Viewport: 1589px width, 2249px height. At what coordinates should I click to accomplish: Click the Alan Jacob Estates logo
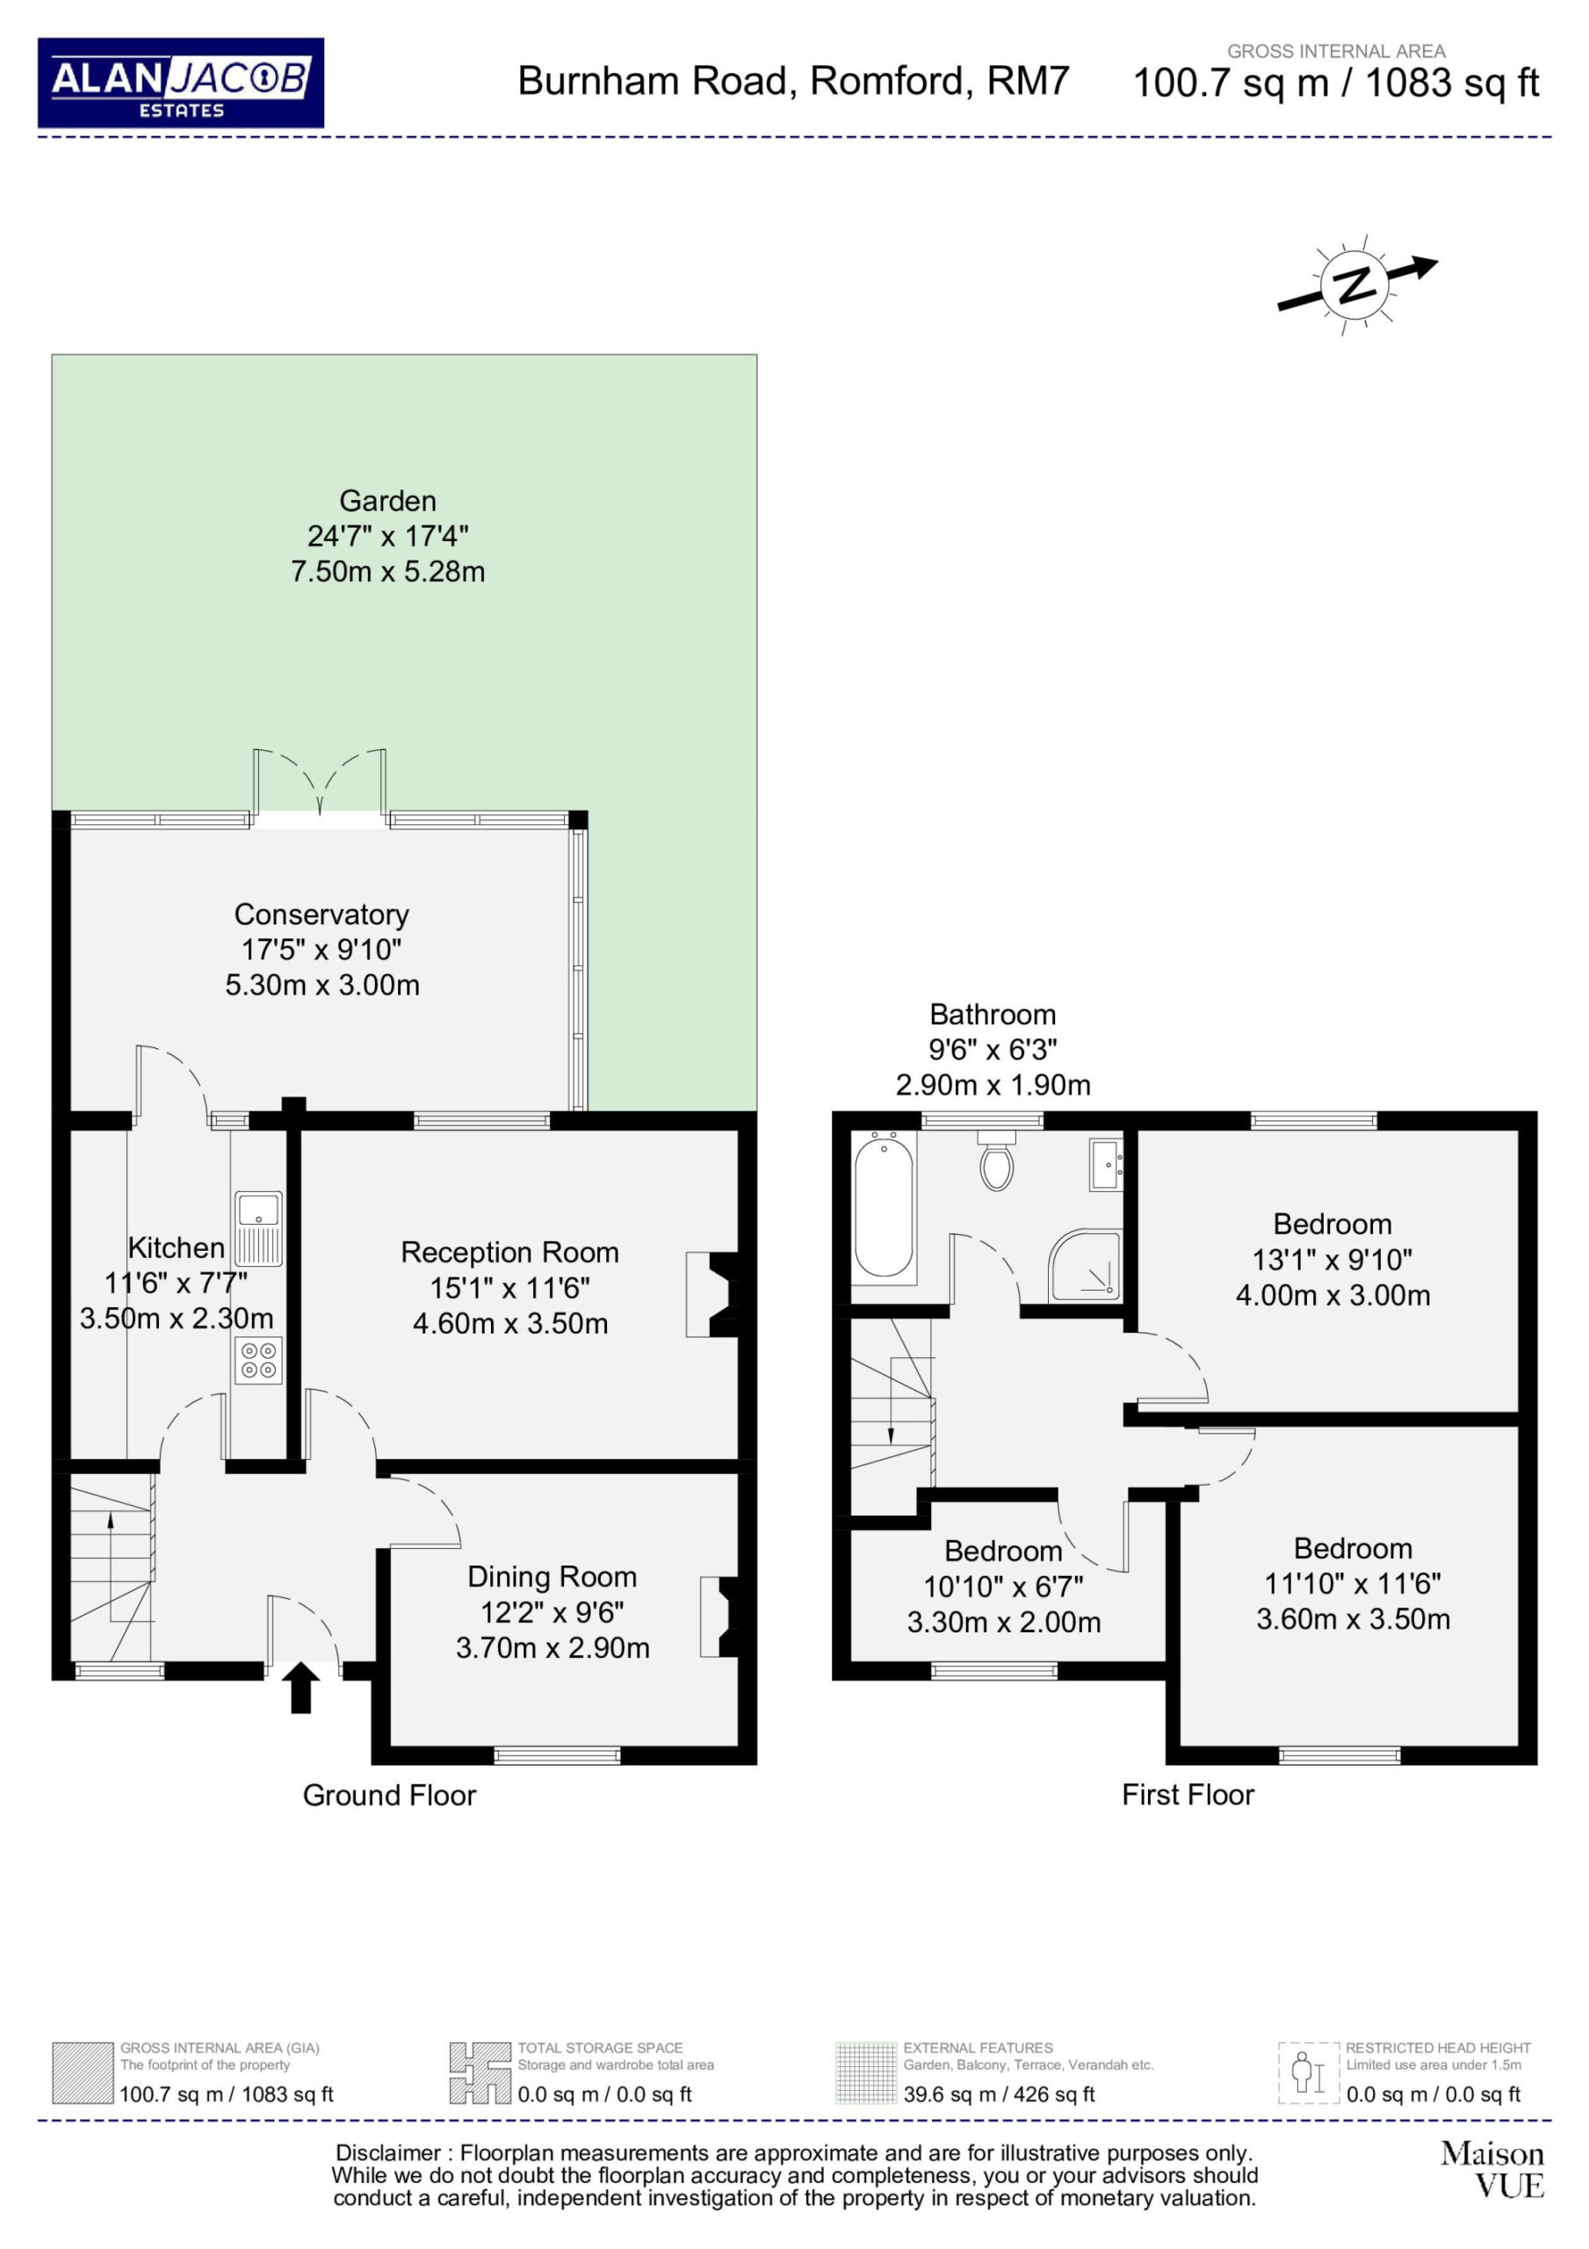pos(180,83)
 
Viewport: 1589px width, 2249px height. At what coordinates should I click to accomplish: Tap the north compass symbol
pos(1357,284)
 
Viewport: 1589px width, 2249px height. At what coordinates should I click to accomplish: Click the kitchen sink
pos(258,1228)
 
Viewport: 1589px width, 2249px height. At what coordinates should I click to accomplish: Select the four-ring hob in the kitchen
pos(258,1361)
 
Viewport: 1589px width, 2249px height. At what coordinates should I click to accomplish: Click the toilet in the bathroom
pos(996,1160)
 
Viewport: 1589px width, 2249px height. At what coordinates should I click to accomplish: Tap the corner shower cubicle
pos(1086,1266)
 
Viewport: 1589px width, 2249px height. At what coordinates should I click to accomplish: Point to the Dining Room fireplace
pos(720,1616)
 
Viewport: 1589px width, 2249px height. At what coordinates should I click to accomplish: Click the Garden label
pos(388,501)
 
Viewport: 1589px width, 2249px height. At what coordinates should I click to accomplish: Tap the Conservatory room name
pos(321,914)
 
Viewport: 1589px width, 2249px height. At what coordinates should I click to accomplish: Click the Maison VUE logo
pos(1492,2170)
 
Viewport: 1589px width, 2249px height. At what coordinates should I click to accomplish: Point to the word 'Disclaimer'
pos(388,2153)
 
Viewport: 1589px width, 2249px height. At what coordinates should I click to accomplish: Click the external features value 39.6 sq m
pos(943,2094)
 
